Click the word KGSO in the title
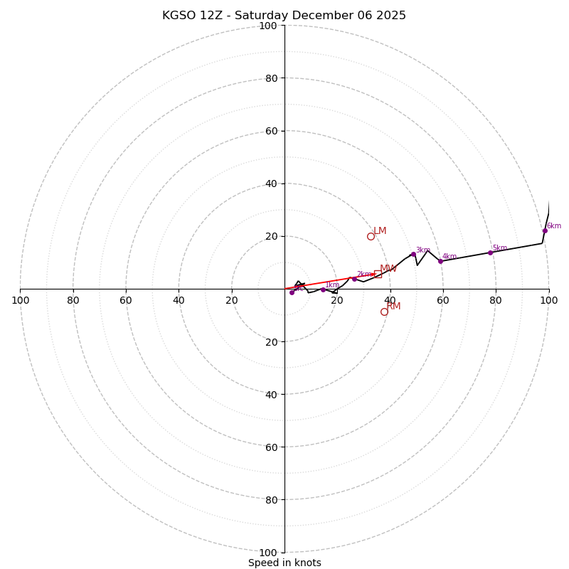click(x=176, y=16)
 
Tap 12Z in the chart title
click(x=208, y=16)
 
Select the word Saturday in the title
click(x=260, y=16)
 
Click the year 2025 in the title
click(x=390, y=16)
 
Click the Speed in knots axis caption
click(x=284, y=563)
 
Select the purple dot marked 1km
click(x=323, y=289)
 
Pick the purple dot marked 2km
click(x=354, y=279)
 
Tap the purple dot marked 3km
click(x=413, y=254)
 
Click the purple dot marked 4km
click(x=440, y=261)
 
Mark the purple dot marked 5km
click(x=490, y=252)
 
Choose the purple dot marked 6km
click(x=545, y=230)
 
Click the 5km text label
click(x=500, y=248)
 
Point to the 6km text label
click(x=554, y=226)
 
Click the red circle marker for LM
click(x=371, y=236)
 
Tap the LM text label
click(x=380, y=230)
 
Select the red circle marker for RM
click(x=384, y=312)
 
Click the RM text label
click(x=394, y=306)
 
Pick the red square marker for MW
click(x=378, y=274)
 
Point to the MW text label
click(x=388, y=269)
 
